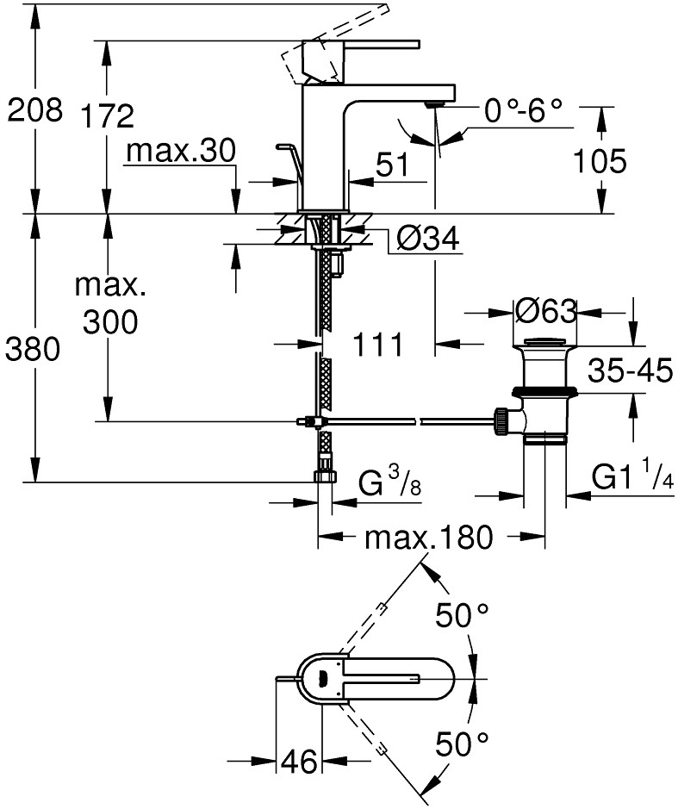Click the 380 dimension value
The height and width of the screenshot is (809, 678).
coord(34,349)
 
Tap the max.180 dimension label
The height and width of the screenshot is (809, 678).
coord(428,538)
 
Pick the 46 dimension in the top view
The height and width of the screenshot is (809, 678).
coord(297,762)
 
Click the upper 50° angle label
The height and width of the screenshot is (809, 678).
coord(462,615)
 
